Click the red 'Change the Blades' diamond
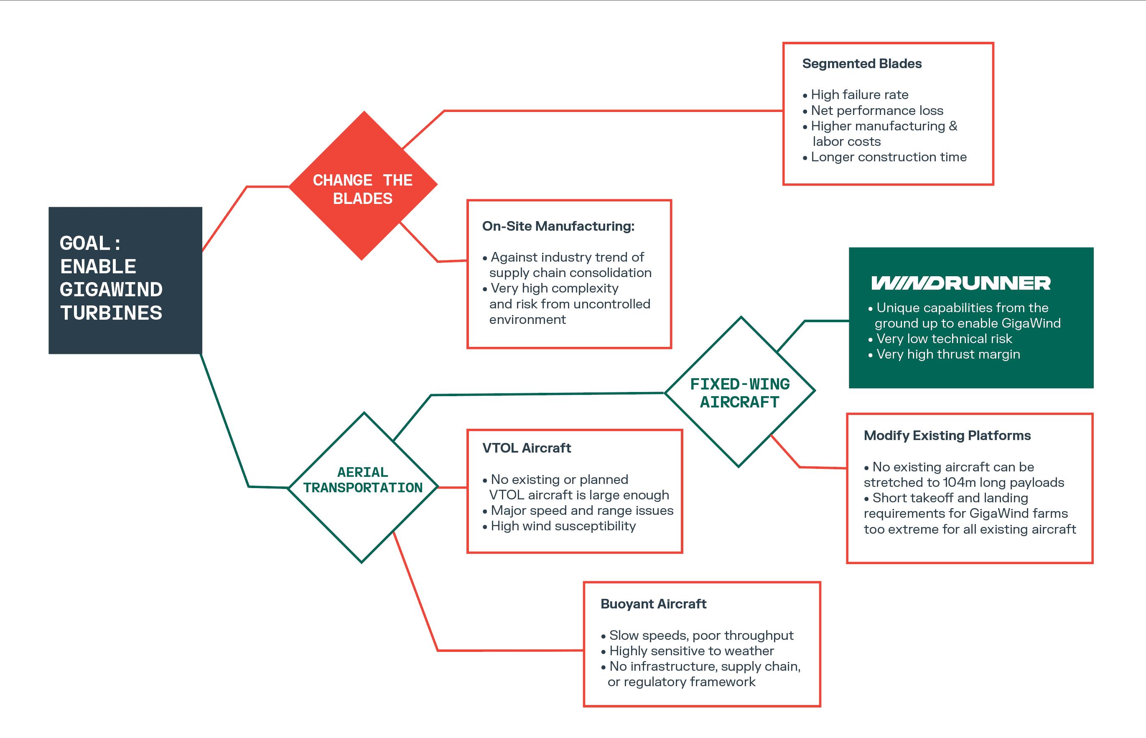pyautogui.click(x=363, y=186)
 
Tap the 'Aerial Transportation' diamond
pyautogui.click(x=363, y=487)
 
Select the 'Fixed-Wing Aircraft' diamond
pyautogui.click(x=740, y=392)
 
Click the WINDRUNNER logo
pyautogui.click(x=960, y=283)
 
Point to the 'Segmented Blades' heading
pyautogui.click(x=862, y=64)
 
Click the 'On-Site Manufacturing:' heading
pyautogui.click(x=558, y=226)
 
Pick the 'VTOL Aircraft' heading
pyautogui.click(x=526, y=448)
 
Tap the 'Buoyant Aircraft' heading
pyautogui.click(x=653, y=604)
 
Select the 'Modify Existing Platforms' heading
pyautogui.click(x=947, y=435)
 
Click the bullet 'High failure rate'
pyautogui.click(x=856, y=95)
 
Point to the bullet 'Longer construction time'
pyautogui.click(x=885, y=157)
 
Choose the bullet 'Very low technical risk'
pyautogui.click(x=940, y=339)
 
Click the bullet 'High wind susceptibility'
pyautogui.click(x=559, y=526)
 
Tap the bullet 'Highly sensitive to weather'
pyautogui.click(x=688, y=651)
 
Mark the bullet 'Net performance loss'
pyautogui.click(x=873, y=111)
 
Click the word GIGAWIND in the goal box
pyautogui.click(x=111, y=290)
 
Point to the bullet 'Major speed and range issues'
pyautogui.click(x=578, y=510)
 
